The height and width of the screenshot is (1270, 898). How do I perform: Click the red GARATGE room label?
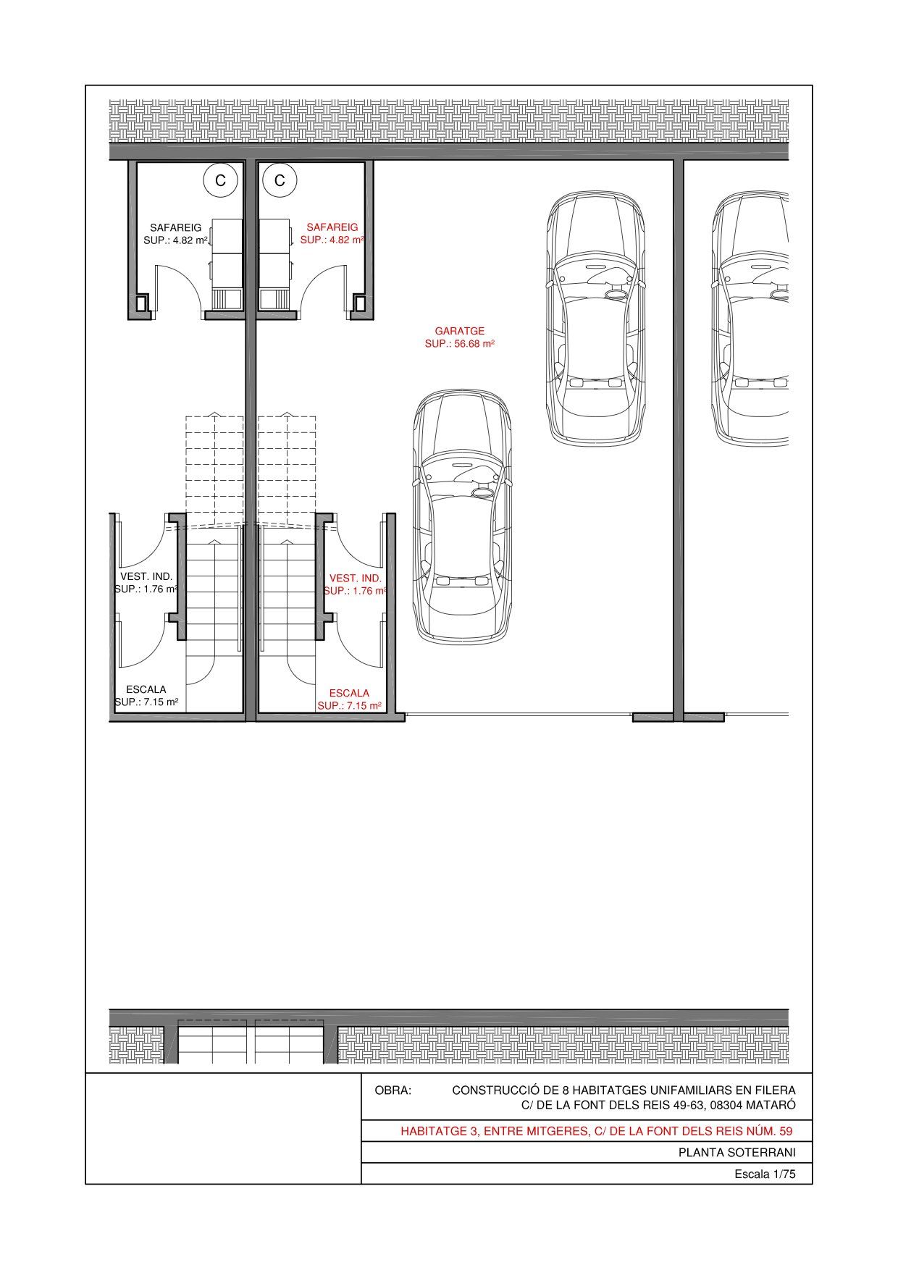(x=460, y=331)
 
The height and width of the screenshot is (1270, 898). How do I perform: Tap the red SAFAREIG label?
(x=332, y=227)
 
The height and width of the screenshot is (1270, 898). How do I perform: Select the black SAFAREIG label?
(x=176, y=227)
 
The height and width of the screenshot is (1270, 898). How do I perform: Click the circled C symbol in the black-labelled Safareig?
(x=221, y=180)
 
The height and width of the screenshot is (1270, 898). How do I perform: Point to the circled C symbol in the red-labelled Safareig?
(x=280, y=180)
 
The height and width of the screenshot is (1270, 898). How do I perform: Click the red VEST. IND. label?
(x=356, y=578)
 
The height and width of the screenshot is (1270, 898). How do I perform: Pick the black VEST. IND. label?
(x=146, y=576)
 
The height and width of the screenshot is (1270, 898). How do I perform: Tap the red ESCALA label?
(x=349, y=693)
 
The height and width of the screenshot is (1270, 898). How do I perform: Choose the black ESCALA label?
(x=146, y=689)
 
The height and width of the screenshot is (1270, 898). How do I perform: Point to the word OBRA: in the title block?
(x=393, y=1090)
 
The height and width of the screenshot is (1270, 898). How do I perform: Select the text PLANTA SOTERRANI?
(x=737, y=1153)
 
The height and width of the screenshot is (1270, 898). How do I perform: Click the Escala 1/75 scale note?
(x=765, y=1174)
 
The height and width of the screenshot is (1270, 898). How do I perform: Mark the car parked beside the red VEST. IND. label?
(x=463, y=516)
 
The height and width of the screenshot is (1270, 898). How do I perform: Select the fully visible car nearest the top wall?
(x=595, y=319)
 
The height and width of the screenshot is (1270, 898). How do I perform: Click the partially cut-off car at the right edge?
(x=750, y=319)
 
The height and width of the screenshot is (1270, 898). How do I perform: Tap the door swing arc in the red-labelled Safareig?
(x=324, y=282)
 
